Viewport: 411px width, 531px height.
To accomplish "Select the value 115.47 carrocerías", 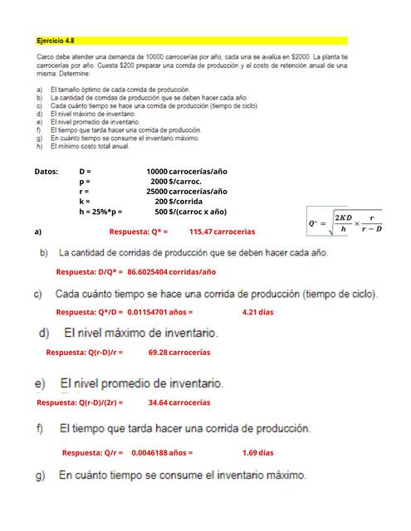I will (222, 231).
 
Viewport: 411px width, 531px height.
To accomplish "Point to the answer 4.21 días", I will (257, 312).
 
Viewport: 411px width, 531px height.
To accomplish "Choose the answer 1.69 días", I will (257, 453).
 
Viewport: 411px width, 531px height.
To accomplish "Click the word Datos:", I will (46, 171).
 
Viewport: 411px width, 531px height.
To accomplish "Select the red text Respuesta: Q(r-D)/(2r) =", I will (80, 402).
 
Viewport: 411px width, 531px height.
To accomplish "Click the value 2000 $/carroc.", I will (176, 181).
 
